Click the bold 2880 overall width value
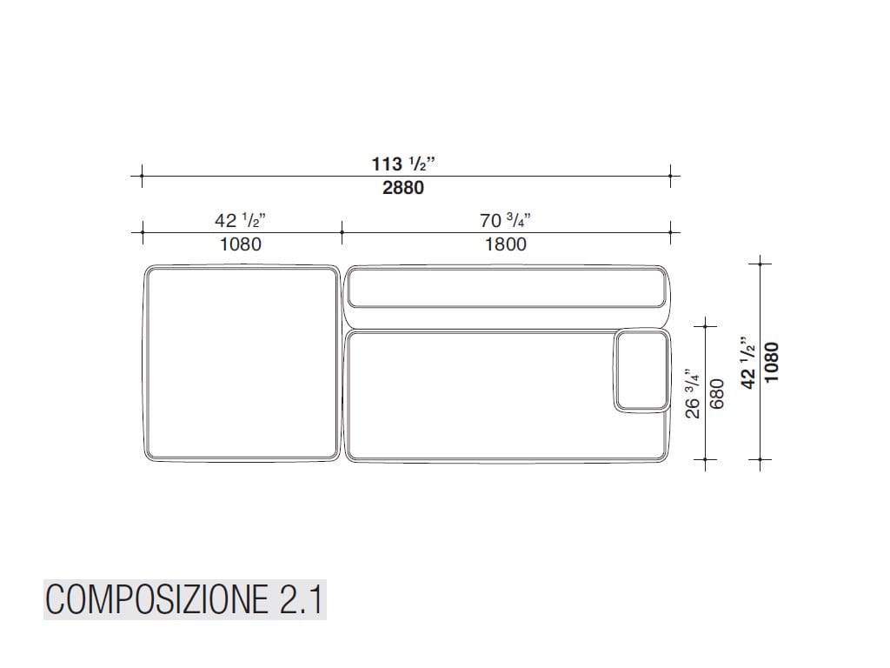tap(403, 188)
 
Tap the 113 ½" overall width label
tap(403, 164)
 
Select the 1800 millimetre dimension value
tap(505, 244)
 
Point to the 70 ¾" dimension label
tap(505, 220)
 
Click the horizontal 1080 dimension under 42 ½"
tap(241, 244)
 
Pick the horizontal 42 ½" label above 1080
tap(240, 220)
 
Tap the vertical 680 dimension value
tap(717, 394)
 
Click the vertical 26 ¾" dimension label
tap(693, 393)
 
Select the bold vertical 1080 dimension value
tap(772, 363)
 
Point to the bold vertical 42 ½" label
tap(748, 363)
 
